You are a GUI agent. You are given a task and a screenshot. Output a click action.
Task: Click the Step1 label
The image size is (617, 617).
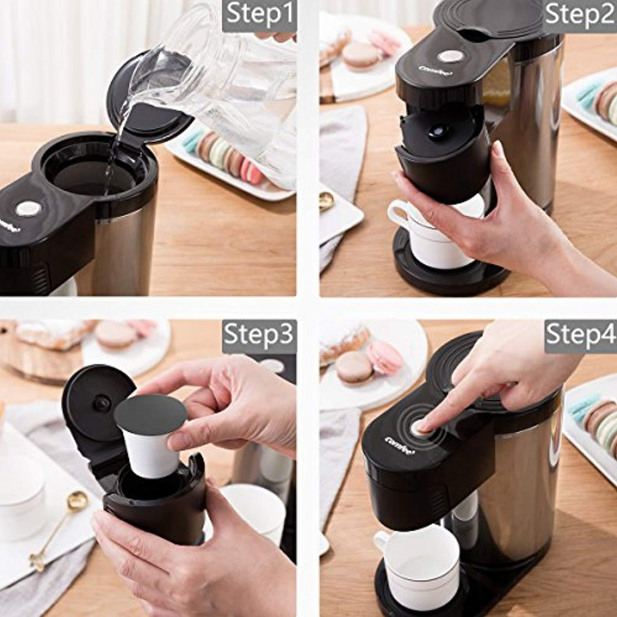[259, 14]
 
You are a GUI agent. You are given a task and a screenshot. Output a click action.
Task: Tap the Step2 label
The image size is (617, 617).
[580, 15]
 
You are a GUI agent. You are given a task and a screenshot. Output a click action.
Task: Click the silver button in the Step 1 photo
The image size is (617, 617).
[28, 208]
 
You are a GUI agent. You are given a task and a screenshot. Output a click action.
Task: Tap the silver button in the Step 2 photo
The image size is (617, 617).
[451, 56]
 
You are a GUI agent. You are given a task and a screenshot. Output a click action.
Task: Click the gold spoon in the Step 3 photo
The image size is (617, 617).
[59, 529]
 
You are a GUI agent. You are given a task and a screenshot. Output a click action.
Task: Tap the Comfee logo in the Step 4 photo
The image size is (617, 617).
[399, 444]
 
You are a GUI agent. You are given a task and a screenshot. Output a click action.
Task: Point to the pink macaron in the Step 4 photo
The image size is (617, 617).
[385, 357]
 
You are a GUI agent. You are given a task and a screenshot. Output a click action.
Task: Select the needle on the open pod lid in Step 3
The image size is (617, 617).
[102, 403]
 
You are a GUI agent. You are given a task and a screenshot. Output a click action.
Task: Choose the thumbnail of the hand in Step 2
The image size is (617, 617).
[497, 149]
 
